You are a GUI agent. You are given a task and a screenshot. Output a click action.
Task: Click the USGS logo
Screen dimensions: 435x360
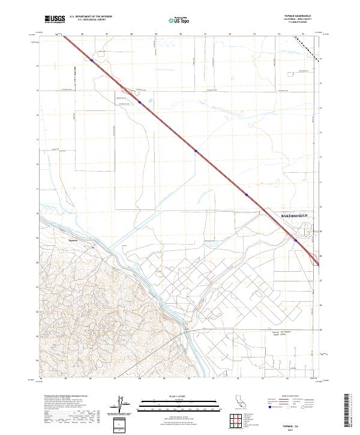point(55,19)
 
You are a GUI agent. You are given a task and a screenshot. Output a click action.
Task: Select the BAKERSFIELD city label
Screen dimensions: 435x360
point(294,215)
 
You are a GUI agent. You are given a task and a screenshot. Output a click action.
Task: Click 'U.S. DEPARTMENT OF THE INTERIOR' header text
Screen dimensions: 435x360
point(90,16)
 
